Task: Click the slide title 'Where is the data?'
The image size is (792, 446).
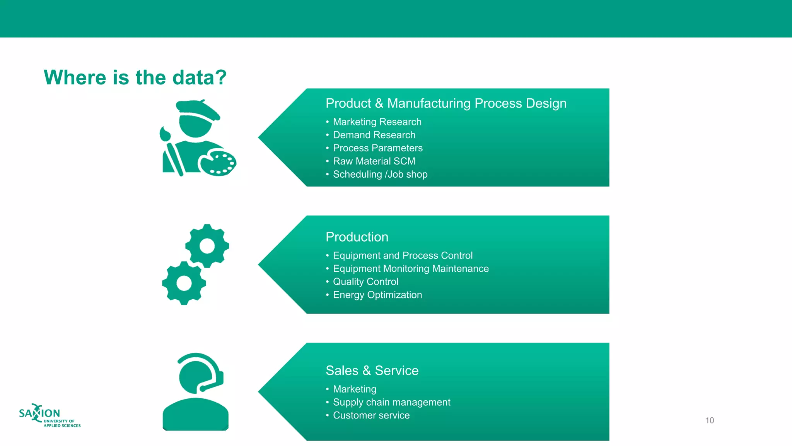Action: pyautogui.click(x=135, y=77)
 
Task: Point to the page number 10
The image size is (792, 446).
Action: pyautogui.click(x=709, y=420)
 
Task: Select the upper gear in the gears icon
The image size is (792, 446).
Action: pyautogui.click(x=207, y=245)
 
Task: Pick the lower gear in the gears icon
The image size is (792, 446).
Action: pyautogui.click(x=184, y=283)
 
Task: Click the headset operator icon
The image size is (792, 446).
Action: pyautogui.click(x=196, y=391)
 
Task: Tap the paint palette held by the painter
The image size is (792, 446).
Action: pyautogui.click(x=217, y=163)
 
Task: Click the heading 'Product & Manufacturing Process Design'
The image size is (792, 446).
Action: pyautogui.click(x=446, y=103)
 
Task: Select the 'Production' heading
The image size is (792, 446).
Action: pyautogui.click(x=357, y=237)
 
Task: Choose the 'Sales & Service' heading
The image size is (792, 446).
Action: pyautogui.click(x=372, y=371)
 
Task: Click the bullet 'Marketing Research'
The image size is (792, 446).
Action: pyautogui.click(x=377, y=122)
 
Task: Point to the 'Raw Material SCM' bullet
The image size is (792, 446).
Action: pyautogui.click(x=374, y=161)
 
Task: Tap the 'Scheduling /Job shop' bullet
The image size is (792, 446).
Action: pyautogui.click(x=380, y=174)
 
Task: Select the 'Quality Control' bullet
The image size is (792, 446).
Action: pyautogui.click(x=365, y=281)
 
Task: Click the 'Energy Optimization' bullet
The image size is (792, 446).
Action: pyautogui.click(x=377, y=295)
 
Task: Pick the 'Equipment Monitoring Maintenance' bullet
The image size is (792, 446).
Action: pyautogui.click(x=411, y=268)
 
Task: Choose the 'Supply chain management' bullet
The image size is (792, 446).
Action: pyautogui.click(x=391, y=402)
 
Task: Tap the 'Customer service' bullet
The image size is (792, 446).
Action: pyautogui.click(x=371, y=415)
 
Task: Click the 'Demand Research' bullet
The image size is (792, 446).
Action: pyautogui.click(x=374, y=135)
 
